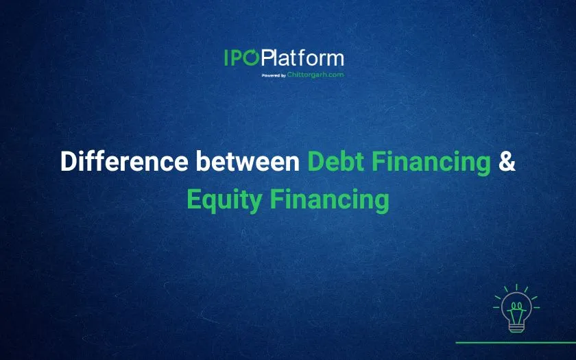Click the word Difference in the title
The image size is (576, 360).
pos(124,161)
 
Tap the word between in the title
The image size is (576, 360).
pos(248,161)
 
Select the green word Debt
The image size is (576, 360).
pos(336,161)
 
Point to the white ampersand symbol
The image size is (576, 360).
pos(507,161)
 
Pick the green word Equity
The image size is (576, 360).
pos(224,200)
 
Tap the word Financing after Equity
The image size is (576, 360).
pos(330,200)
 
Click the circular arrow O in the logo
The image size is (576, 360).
pos(251,58)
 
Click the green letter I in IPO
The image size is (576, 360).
pos(226,58)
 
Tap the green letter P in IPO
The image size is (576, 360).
pos(236,58)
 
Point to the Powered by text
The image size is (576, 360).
pos(274,75)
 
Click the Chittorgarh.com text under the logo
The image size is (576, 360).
pos(315,75)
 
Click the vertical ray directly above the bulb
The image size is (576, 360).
pos(516,287)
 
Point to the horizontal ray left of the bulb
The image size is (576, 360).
pos(496,307)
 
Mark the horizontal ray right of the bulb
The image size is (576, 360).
pos(536,307)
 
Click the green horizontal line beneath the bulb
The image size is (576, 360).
pos(516,343)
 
